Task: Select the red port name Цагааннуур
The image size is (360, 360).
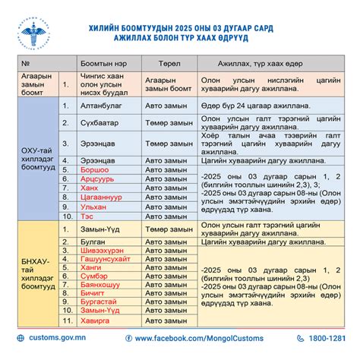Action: click(105, 195)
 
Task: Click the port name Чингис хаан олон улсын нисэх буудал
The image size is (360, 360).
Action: click(109, 83)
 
